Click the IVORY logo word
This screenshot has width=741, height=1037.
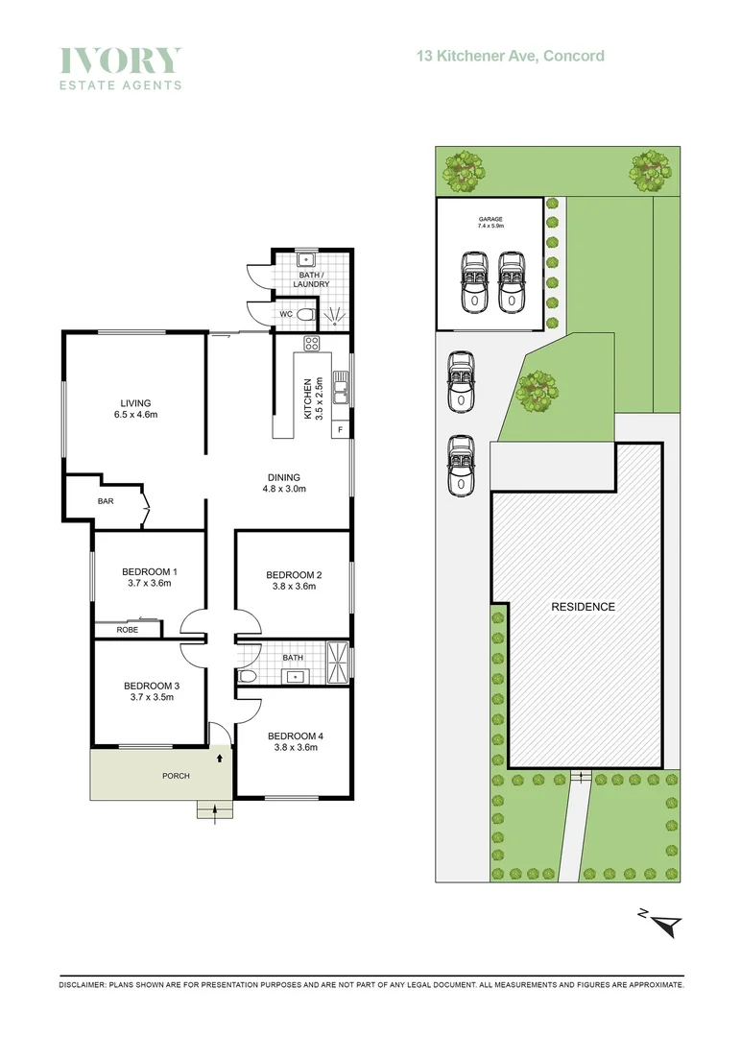(x=120, y=60)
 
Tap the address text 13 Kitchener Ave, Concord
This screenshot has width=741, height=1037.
(x=510, y=56)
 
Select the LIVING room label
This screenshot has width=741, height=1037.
(x=135, y=403)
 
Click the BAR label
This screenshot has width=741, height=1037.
(x=106, y=501)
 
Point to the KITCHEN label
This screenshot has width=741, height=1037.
(x=308, y=398)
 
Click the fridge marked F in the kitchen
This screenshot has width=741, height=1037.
(x=340, y=429)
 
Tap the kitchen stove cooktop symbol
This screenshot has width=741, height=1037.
(x=312, y=343)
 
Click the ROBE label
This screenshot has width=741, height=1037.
(x=128, y=631)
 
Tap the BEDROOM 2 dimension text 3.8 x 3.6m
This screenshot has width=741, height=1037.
(x=293, y=587)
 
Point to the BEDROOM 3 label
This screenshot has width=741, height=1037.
(x=152, y=686)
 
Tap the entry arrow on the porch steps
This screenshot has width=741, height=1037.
(x=214, y=811)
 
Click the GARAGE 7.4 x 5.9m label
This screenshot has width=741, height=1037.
(x=490, y=223)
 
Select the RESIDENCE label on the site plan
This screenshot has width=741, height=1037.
(x=583, y=607)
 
